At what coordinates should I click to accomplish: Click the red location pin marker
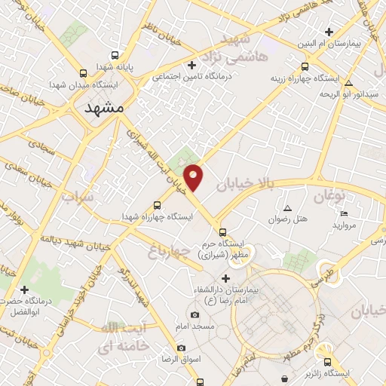click(194, 176)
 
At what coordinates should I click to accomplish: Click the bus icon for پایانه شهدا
click(115, 55)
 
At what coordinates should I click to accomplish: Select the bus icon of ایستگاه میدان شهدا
click(84, 73)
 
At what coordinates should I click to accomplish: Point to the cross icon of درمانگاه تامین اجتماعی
click(191, 65)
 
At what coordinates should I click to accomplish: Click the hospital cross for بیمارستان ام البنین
click(329, 32)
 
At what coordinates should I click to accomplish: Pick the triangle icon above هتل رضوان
click(287, 207)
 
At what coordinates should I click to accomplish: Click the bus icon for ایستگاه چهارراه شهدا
click(157, 205)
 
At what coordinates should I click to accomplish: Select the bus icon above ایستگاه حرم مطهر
click(222, 232)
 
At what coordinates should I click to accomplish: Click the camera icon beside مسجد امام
click(195, 314)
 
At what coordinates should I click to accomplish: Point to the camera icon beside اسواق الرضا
click(181, 348)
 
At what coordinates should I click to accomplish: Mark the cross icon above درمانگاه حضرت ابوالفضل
click(25, 289)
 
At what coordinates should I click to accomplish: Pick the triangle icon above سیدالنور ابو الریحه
click(348, 82)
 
